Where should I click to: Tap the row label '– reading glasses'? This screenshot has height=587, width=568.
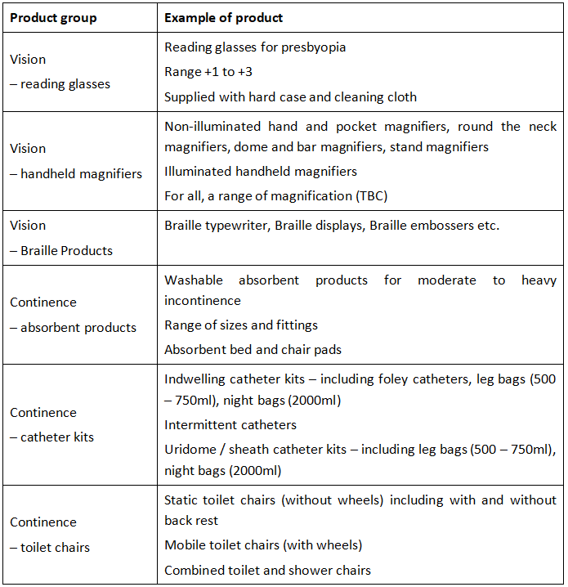(60, 83)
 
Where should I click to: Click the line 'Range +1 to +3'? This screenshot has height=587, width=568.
(208, 72)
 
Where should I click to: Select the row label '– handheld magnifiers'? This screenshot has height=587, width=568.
(76, 173)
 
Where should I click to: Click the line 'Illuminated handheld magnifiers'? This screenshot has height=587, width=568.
(261, 172)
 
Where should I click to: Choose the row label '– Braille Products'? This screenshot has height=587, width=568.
(61, 250)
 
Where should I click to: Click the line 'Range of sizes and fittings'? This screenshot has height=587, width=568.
(241, 325)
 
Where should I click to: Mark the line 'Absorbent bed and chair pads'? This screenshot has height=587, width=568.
(253, 350)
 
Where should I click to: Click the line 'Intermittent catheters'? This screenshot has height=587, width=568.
(230, 425)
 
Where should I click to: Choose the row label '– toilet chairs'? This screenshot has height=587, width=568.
(50, 547)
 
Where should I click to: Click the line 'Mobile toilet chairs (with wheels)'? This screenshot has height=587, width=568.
(263, 544)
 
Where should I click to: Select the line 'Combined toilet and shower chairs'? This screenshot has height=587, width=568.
(267, 570)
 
